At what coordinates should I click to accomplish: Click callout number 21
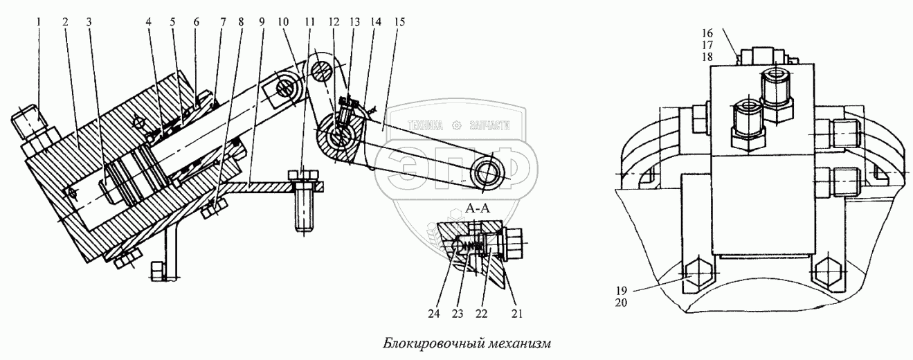516,312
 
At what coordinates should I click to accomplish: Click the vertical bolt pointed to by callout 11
304,208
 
